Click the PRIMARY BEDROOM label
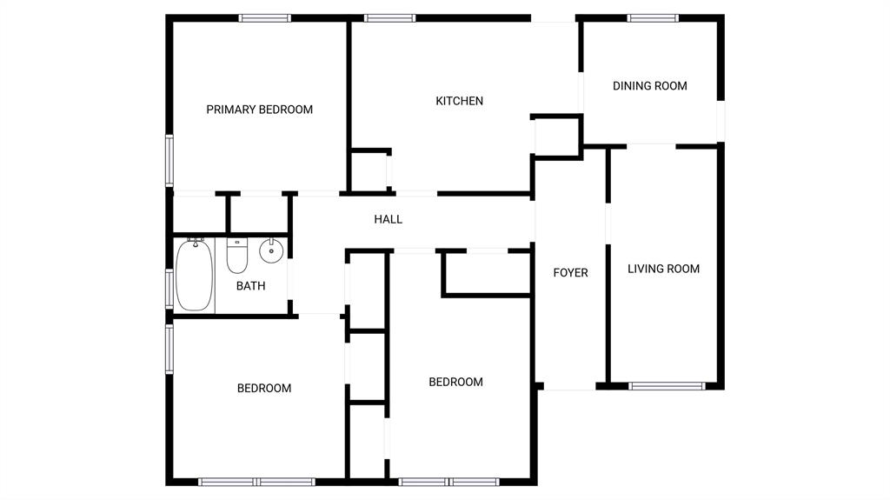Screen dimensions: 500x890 259,110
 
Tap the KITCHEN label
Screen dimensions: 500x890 459,101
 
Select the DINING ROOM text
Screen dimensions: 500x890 649,85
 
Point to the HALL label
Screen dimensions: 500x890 388,219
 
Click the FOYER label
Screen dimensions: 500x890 570,273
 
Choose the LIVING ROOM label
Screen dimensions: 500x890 663,269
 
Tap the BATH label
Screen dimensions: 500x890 250,285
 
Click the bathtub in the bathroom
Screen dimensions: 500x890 195,277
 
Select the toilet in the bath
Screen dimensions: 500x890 237,254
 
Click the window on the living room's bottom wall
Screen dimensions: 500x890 666,385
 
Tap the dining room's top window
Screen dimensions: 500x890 654,17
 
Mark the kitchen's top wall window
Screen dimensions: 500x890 389,17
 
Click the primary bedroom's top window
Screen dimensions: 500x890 265,17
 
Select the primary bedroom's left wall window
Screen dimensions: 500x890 170,161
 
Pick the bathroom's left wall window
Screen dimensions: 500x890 170,288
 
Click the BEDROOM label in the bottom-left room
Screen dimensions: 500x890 264,388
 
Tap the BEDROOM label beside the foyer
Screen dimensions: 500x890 455,382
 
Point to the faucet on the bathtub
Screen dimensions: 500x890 196,242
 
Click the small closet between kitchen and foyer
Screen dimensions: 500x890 556,136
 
